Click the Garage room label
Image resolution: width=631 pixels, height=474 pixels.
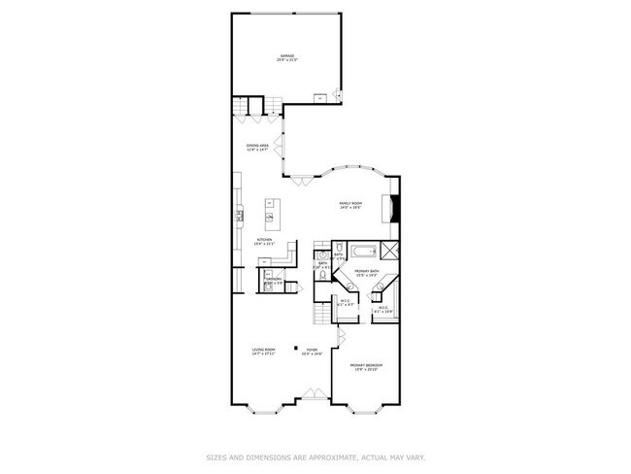(x=286, y=57)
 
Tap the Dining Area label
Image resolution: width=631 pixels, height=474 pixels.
(x=257, y=147)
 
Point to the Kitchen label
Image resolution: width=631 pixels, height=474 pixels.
(x=265, y=240)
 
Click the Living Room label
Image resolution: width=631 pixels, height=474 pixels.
(x=263, y=350)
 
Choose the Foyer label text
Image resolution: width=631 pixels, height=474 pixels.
(x=312, y=350)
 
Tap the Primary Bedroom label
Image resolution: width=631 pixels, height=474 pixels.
(x=366, y=366)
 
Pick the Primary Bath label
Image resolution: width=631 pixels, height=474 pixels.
(x=365, y=272)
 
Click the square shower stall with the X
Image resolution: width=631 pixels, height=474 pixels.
(x=389, y=250)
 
